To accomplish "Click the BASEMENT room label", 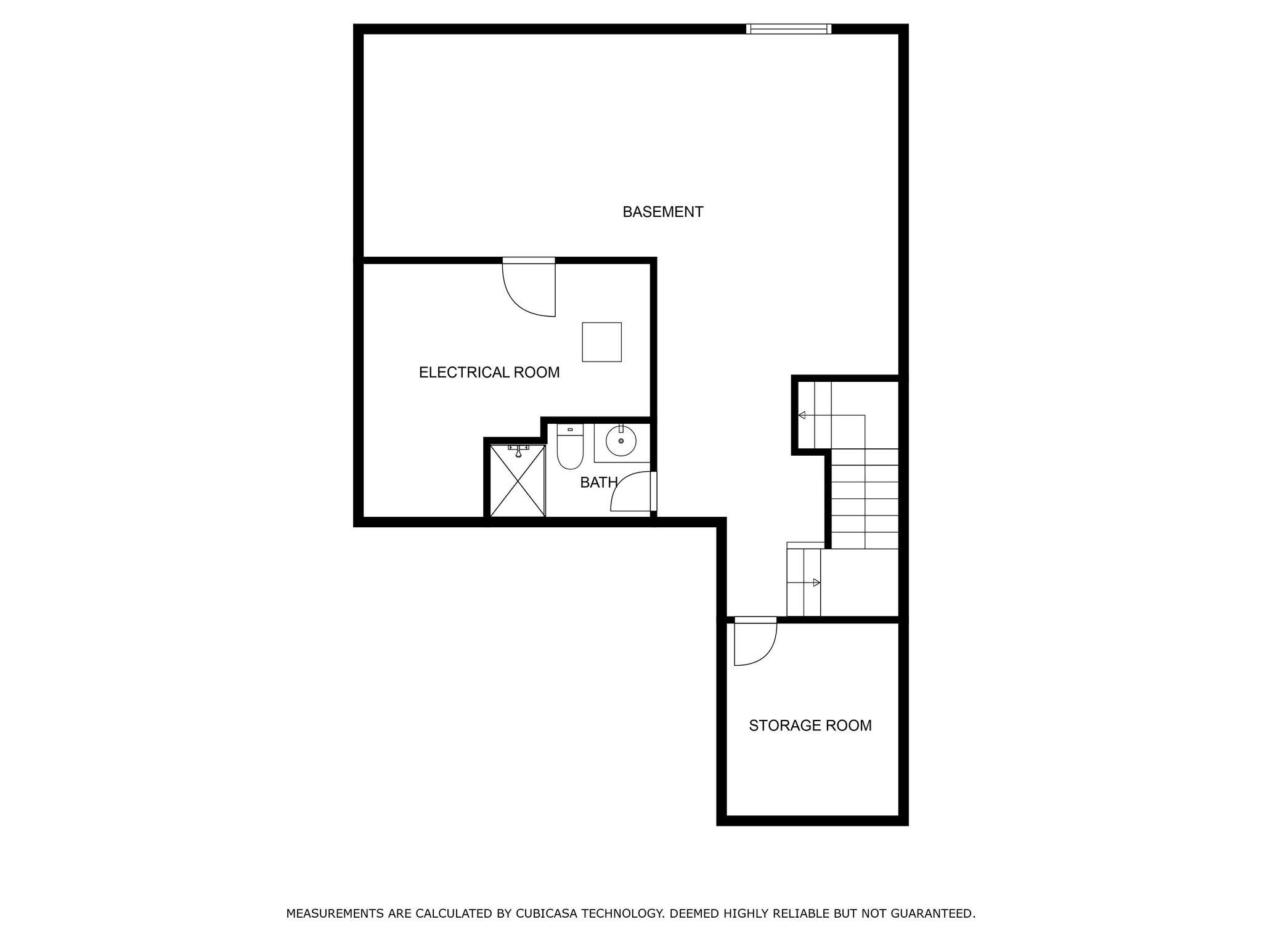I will (662, 212).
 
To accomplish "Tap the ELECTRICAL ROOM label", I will (489, 373).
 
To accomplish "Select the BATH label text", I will (598, 483).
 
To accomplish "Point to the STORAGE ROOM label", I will (810, 726).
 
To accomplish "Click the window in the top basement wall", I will (788, 29).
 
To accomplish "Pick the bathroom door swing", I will (632, 492).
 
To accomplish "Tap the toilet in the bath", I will (570, 447).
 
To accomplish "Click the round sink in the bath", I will (621, 440).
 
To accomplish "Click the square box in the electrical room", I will (601, 342).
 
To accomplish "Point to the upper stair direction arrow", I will (802, 415).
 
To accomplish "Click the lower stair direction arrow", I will (816, 583).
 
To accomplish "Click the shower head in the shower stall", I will (518, 451).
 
